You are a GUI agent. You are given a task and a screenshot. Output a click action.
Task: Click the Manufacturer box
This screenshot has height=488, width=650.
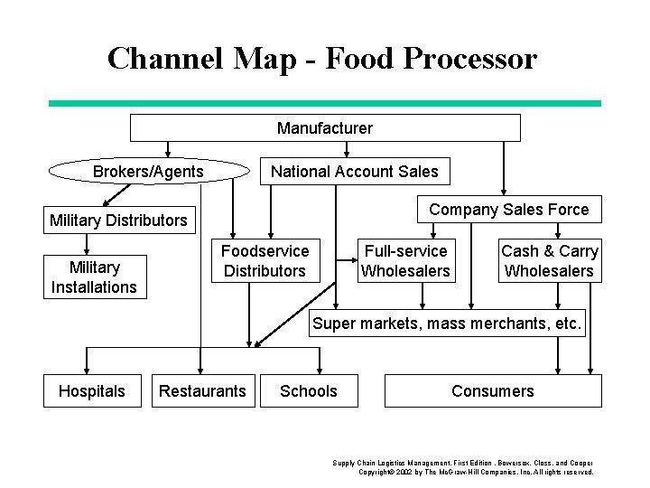point(325,128)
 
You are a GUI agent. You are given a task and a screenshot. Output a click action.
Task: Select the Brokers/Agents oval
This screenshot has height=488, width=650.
point(148,172)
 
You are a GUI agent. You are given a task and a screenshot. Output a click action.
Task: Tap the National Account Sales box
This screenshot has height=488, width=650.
point(354,172)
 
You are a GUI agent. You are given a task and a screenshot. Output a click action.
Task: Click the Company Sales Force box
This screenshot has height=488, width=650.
point(508,210)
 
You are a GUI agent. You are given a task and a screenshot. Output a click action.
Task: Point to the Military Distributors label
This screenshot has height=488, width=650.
point(118,221)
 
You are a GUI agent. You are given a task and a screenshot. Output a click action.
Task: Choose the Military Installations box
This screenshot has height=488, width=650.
point(94,277)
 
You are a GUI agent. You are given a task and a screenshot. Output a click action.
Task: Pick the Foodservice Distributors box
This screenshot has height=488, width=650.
point(265,261)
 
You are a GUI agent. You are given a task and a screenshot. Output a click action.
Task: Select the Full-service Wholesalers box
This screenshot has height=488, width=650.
point(405,261)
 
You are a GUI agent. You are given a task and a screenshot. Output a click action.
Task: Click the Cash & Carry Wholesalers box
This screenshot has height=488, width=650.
point(549,261)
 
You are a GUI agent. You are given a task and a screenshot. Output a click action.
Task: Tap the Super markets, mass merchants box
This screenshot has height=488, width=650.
point(448,323)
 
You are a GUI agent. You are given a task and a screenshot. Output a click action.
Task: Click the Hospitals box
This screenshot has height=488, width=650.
point(91,390)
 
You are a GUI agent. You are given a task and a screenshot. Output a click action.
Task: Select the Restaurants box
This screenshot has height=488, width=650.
point(202,390)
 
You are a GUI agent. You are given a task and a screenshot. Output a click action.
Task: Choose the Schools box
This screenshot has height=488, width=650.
point(308,390)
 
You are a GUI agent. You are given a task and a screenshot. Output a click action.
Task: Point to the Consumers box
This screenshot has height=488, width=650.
point(492,390)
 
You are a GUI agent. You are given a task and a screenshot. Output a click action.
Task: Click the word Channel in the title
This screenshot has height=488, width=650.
point(165,58)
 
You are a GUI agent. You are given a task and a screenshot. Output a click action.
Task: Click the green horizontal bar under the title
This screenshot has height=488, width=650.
point(324,103)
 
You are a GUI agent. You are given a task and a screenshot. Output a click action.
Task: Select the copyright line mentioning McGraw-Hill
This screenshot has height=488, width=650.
point(476,472)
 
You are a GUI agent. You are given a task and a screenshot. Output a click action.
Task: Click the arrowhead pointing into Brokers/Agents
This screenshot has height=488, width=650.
point(165,153)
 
